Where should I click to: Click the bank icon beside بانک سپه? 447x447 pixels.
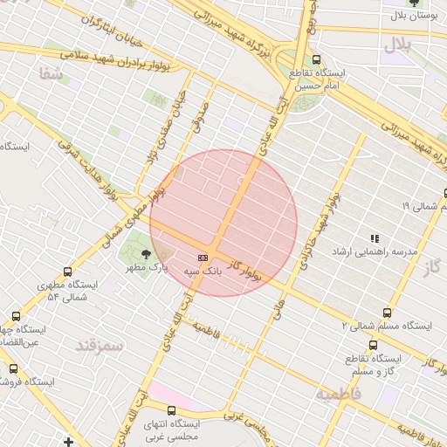(203, 258)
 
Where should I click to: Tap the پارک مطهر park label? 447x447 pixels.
(146, 266)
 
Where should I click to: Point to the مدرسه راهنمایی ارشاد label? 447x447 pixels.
(375, 251)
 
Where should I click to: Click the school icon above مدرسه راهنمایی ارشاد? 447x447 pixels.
(375, 237)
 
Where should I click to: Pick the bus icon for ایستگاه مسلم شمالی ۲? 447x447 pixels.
(387, 312)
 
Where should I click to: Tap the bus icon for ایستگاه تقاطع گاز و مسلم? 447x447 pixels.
(373, 345)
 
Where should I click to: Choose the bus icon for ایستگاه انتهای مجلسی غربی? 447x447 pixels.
(171, 409)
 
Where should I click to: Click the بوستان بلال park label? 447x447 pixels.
(411, 16)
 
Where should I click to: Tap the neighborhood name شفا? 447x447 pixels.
(51, 75)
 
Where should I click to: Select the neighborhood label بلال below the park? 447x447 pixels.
(396, 43)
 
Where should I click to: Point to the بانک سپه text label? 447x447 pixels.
(203, 272)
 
